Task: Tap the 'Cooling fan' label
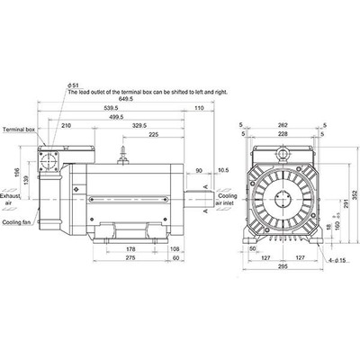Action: tap(17, 221)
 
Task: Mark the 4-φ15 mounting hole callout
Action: tap(337, 261)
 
